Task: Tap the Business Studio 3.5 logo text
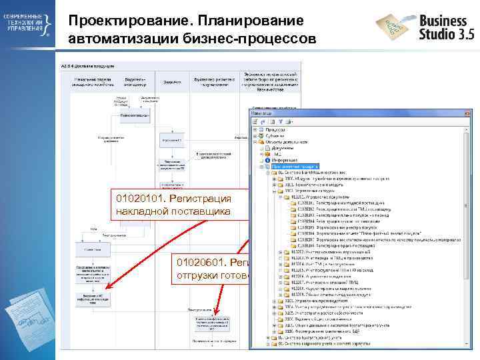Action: (x=443, y=27)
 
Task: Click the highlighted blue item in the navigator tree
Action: (x=301, y=166)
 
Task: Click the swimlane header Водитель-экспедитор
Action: (x=133, y=81)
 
